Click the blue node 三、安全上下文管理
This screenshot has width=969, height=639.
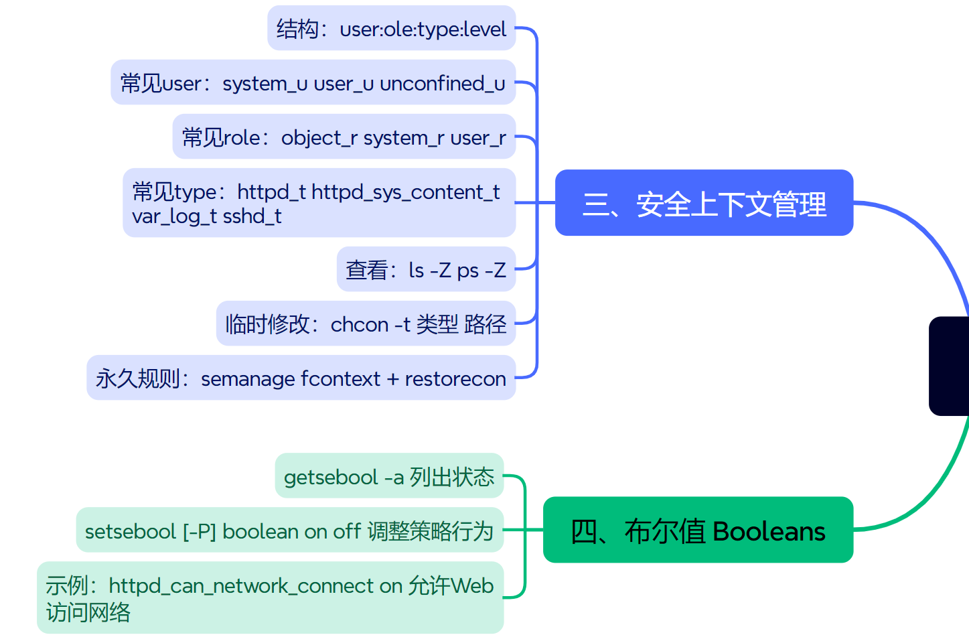pos(704,203)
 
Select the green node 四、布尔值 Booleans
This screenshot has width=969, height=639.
pos(698,530)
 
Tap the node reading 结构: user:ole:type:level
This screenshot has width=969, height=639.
pos(391,29)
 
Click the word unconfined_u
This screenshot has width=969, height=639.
pos(442,84)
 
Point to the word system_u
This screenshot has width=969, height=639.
pos(265,84)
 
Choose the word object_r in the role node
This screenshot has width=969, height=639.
pos(319,138)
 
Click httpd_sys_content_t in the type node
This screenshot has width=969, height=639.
pos(405,192)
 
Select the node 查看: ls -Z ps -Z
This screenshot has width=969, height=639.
pos(426,270)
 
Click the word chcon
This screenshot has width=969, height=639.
pos(360,325)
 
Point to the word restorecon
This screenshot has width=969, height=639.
pos(455,379)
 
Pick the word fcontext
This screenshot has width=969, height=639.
pos(340,379)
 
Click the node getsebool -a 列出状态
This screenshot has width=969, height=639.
pos(389,477)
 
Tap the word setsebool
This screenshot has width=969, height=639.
pos(130,532)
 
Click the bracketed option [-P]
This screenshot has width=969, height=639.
pos(200,532)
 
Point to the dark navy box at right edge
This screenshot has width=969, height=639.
pos(949,366)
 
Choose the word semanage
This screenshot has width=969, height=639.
pos(248,379)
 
